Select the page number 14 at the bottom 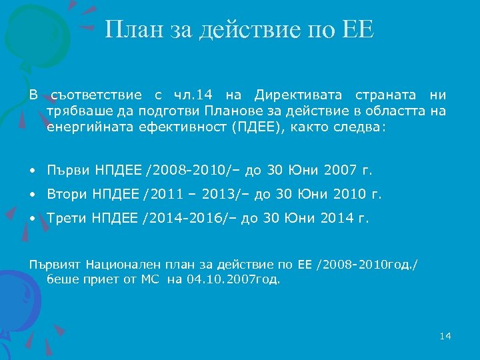[x=445, y=336]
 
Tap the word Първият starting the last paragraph [x=49, y=265]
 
